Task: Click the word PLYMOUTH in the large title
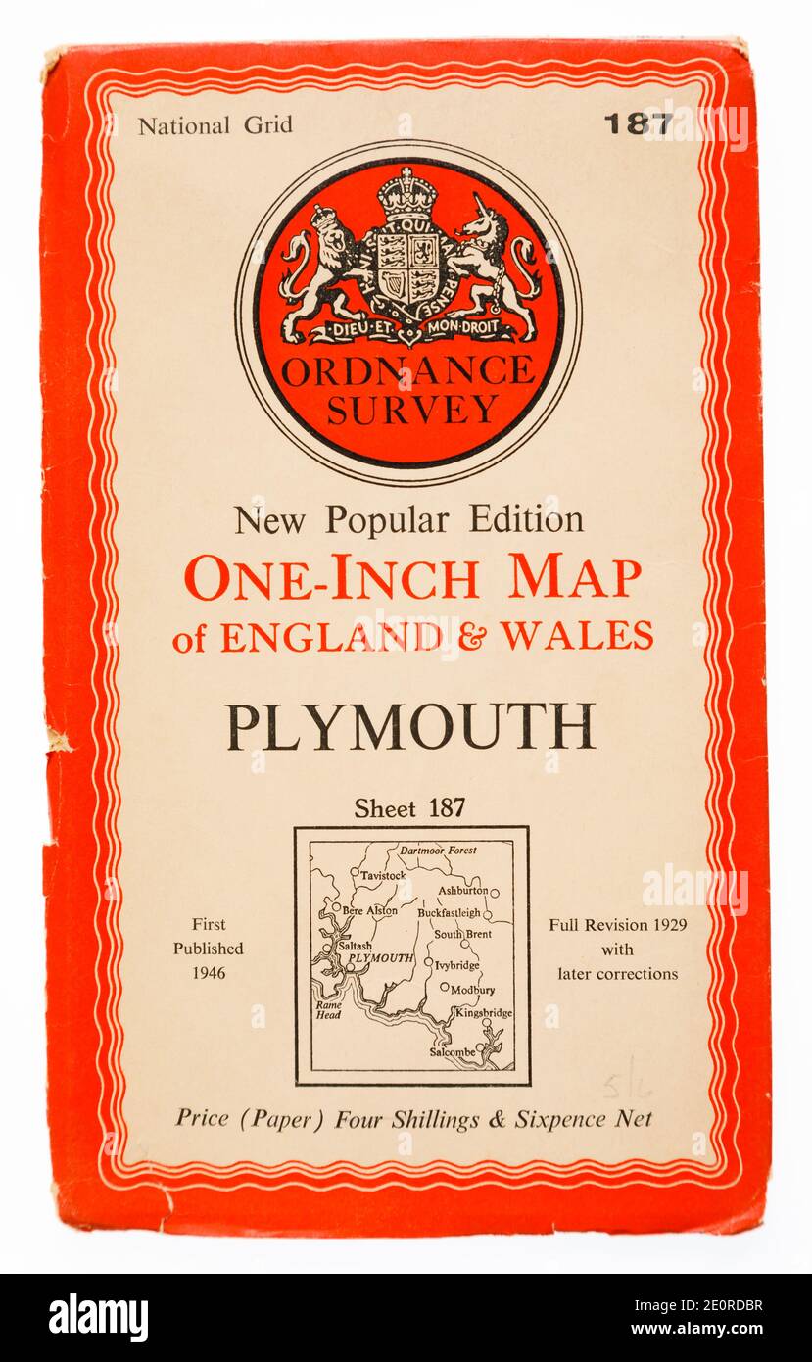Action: pos(410,726)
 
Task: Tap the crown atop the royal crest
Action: pos(406,193)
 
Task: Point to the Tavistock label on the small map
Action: pos(381,874)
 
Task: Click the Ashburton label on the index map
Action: pos(461,891)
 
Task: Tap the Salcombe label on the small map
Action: pos(452,1051)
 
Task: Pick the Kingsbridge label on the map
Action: pos(483,1012)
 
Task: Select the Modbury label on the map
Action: pos(472,989)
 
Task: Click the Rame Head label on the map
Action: pos(326,1010)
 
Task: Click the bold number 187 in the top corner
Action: pos(638,123)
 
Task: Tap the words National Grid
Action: pos(215,125)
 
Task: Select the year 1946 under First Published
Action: pos(209,973)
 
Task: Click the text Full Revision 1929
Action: pos(617,924)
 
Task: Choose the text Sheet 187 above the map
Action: pos(409,808)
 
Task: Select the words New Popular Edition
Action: pos(408,519)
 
